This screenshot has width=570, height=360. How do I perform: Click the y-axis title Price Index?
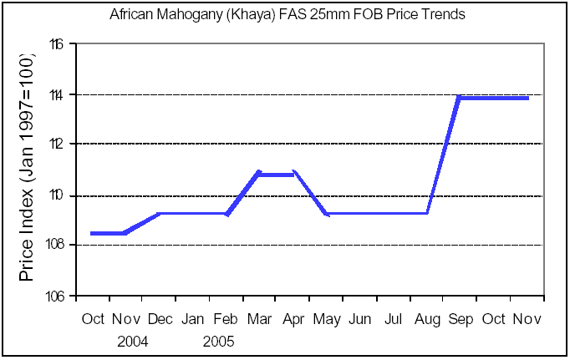tap(27, 200)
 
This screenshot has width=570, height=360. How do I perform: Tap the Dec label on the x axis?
tap(160, 319)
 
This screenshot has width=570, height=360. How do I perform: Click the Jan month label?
tap(192, 319)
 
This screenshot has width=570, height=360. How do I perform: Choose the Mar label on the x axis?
tap(259, 319)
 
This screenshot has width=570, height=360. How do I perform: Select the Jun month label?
tap(359, 319)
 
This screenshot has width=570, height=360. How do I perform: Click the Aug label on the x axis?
tap(427, 319)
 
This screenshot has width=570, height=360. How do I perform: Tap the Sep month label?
tap(461, 319)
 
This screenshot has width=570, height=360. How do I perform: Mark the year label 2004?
tap(134, 342)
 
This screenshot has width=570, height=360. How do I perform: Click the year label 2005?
tap(218, 342)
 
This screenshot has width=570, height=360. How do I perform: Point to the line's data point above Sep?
tap(461, 98)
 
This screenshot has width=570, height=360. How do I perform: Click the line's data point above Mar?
tap(259, 174)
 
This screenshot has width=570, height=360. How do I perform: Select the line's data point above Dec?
tap(160, 213)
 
